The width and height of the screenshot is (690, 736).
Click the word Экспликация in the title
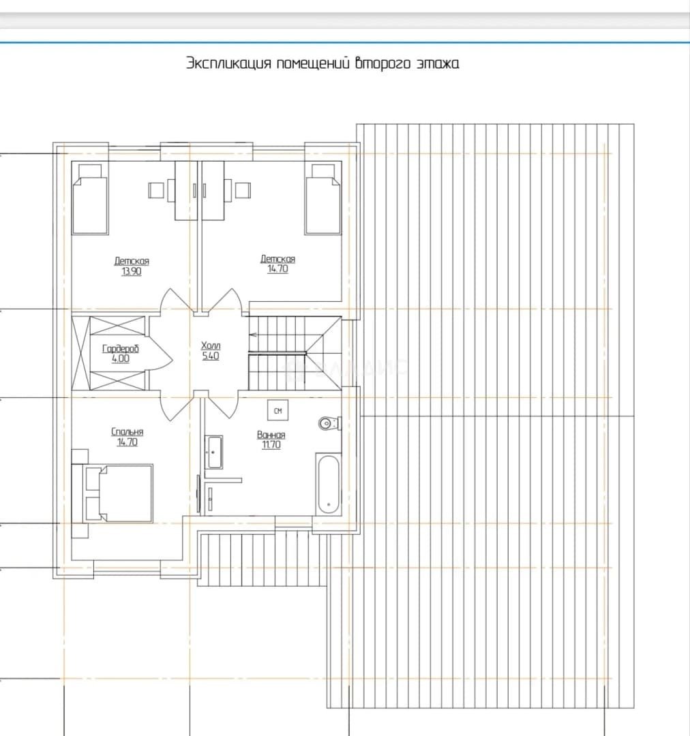(228, 63)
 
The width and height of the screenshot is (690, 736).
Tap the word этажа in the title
(438, 63)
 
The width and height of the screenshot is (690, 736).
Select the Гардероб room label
(121, 349)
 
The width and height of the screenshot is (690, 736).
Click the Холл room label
(211, 346)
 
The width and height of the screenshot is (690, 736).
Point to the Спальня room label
(127, 432)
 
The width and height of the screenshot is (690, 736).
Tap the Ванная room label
(271, 435)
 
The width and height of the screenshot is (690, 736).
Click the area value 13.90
(132, 271)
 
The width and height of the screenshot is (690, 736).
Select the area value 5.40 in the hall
(211, 356)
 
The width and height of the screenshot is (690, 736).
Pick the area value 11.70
(271, 444)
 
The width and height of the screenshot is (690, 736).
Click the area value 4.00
(121, 358)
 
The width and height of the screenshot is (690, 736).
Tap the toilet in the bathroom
(329, 423)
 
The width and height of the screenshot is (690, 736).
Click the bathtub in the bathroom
(329, 485)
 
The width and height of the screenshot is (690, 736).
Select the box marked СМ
(277, 411)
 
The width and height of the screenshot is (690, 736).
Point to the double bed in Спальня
(118, 493)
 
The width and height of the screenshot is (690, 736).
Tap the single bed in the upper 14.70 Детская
(322, 199)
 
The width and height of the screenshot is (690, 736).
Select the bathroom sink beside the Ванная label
(215, 452)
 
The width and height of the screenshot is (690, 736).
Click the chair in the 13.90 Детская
(156, 190)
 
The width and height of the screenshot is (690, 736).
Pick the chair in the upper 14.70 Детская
(243, 190)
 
